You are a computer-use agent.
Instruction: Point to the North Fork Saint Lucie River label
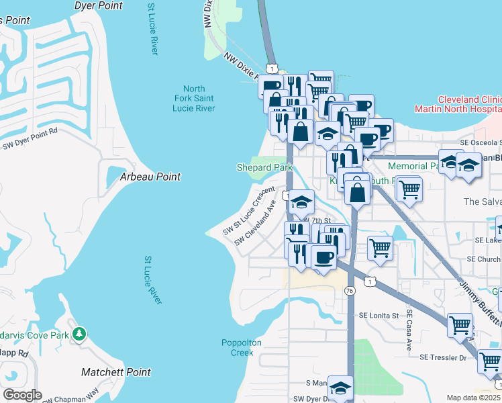[x=194, y=99]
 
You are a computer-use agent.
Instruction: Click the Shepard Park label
[x=264, y=167]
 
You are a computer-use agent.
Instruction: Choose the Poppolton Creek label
[x=242, y=347]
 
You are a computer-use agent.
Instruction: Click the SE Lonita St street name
[x=379, y=314]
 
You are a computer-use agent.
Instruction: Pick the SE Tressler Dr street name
[x=443, y=358]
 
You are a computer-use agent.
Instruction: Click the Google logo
[x=22, y=394]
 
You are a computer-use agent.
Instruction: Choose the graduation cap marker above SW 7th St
[x=302, y=201]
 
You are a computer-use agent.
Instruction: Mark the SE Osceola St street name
[x=481, y=142]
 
